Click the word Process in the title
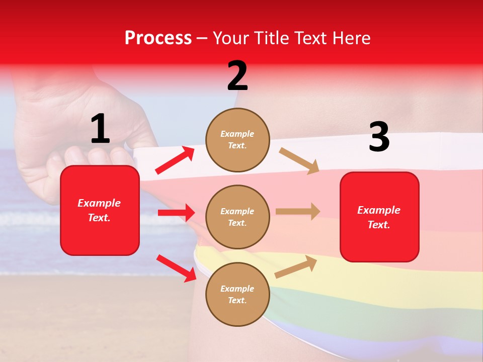pyautogui.click(x=158, y=38)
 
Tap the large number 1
pyautogui.click(x=100, y=129)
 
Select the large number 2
pyautogui.click(x=237, y=76)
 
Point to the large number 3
pyautogui.click(x=379, y=137)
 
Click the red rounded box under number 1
pyautogui.click(x=100, y=231)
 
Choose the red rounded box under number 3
pyautogui.click(x=379, y=241)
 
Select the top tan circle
pyautogui.click(x=237, y=140)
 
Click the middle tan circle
pyautogui.click(x=237, y=217)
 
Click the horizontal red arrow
pyautogui.click(x=176, y=213)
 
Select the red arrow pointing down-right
pyautogui.click(x=176, y=267)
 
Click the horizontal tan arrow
pyautogui.click(x=298, y=211)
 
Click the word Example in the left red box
pyautogui.click(x=99, y=203)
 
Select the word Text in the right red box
pyautogui.click(x=379, y=225)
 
